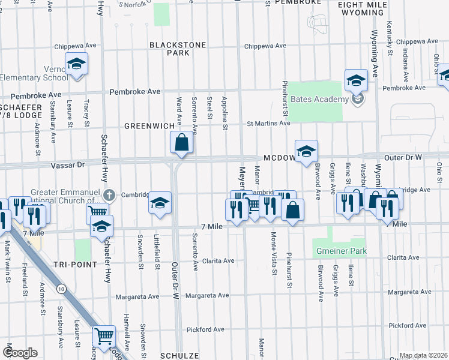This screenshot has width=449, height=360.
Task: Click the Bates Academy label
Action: click(x=319, y=100)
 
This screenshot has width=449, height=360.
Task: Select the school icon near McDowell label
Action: click(x=306, y=152)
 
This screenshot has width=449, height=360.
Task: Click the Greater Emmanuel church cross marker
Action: click(x=109, y=194)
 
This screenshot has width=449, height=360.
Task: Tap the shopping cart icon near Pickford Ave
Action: click(x=104, y=337)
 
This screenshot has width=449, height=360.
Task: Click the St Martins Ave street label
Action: click(x=269, y=124)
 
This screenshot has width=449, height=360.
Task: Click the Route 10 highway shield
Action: click(x=61, y=289)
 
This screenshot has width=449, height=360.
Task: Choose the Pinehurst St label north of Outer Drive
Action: click(x=285, y=99)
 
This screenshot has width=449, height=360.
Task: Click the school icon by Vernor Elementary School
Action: click(x=77, y=65)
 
